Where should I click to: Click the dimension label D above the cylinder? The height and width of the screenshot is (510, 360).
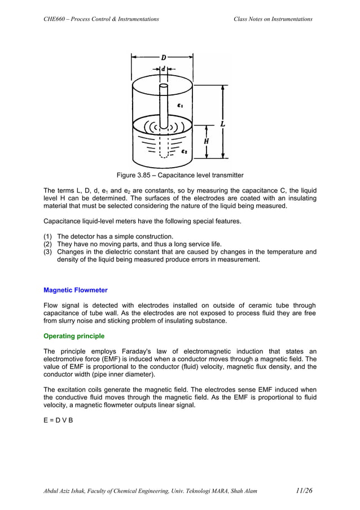pyautogui.click(x=164, y=57)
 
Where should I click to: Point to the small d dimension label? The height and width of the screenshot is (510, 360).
pyautogui.click(x=163, y=69)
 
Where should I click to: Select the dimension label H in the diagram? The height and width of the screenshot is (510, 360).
pyautogui.click(x=207, y=141)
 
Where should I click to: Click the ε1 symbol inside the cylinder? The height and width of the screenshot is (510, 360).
pyautogui.click(x=180, y=105)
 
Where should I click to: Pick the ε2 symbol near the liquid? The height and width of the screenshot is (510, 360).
pyautogui.click(x=185, y=152)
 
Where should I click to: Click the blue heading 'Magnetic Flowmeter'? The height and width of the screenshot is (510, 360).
pyautogui.click(x=76, y=290)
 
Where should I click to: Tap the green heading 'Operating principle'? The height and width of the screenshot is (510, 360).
pyautogui.click(x=74, y=336)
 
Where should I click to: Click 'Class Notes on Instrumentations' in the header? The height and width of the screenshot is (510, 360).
pyautogui.click(x=273, y=19)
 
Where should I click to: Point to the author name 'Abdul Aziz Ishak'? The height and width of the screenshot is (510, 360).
pyautogui.click(x=68, y=491)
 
